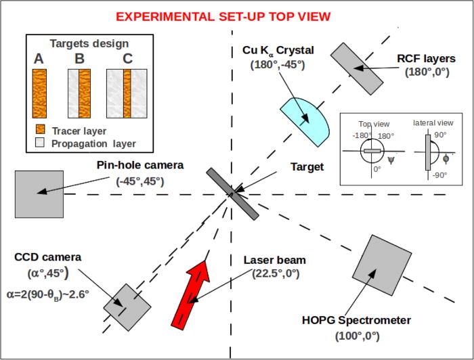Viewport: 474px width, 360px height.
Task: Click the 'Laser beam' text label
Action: [x=276, y=260]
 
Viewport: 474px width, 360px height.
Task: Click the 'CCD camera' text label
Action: [x=47, y=257]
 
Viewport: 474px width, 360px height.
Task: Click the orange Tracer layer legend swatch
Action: [x=40, y=131]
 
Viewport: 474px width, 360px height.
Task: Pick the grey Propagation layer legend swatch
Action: [x=40, y=143]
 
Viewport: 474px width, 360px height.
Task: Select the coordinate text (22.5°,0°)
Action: [x=276, y=273]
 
